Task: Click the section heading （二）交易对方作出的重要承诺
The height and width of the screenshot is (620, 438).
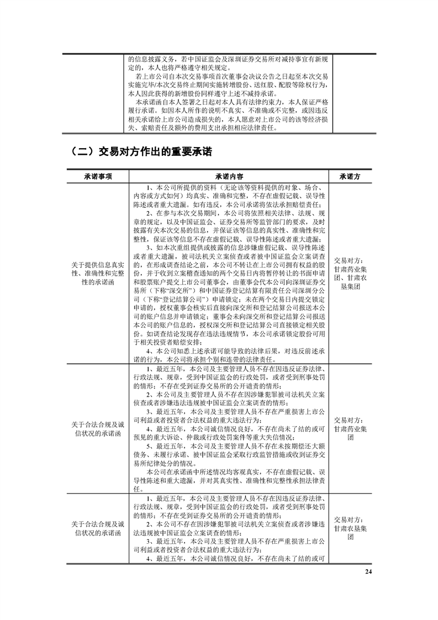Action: pyautogui.click(x=142, y=151)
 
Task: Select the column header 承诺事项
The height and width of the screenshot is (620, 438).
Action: pyautogui.click(x=98, y=176)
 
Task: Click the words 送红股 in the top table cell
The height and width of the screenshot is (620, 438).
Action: pyautogui.click(x=261, y=86)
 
